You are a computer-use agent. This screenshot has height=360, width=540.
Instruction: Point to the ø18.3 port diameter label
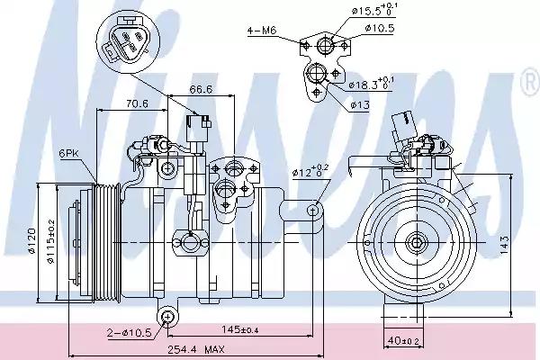pyautogui.click(x=369, y=85)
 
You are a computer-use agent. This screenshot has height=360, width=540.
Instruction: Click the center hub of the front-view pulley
pyautogui.click(x=415, y=241)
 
